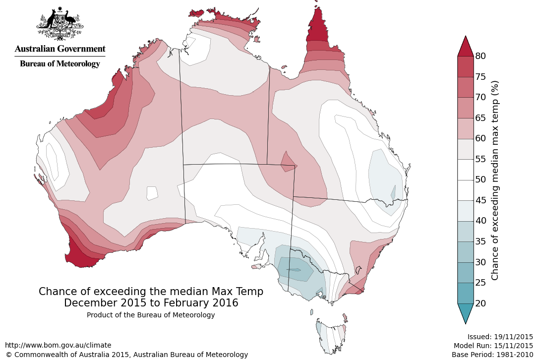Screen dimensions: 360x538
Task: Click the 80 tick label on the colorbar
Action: pyautogui.click(x=480, y=56)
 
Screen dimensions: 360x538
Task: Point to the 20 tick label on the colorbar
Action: pyautogui.click(x=480, y=303)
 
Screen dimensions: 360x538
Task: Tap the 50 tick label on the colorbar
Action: pyautogui.click(x=480, y=180)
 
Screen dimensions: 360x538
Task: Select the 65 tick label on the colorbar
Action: pyautogui.click(x=480, y=118)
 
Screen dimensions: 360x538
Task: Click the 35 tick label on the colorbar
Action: pyautogui.click(x=480, y=241)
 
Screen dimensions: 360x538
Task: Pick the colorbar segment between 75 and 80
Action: pyautogui.click(x=465, y=66)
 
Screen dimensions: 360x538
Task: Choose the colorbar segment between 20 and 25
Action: pyautogui.click(x=465, y=293)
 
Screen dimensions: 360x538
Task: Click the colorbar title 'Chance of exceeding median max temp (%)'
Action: pyautogui.click(x=495, y=180)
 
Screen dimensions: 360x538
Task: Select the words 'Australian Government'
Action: pyautogui.click(x=60, y=49)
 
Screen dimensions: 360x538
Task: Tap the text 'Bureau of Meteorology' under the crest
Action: pyautogui.click(x=60, y=63)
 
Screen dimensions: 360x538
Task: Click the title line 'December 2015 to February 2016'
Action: pyautogui.click(x=151, y=302)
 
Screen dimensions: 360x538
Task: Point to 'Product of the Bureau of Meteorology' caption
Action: pyautogui.click(x=151, y=315)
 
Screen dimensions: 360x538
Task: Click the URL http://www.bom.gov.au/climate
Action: pyautogui.click(x=58, y=345)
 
